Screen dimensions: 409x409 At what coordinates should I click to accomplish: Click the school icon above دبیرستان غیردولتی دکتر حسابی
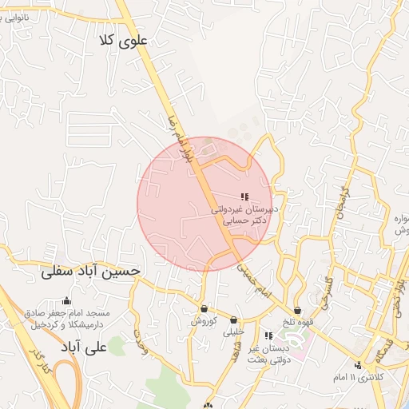point(244,197)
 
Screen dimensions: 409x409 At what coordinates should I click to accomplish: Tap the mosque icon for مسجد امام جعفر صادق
point(66,300)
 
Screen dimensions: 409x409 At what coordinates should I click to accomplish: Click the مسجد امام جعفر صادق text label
point(69,320)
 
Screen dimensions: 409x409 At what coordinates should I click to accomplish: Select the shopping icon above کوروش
point(204,308)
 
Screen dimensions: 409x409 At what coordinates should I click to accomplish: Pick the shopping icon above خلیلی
point(233,320)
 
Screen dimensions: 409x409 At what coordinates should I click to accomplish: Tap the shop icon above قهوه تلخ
point(297,310)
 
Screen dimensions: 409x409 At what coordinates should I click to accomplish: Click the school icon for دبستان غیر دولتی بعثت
point(268,336)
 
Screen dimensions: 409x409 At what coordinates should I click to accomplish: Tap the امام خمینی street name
point(255,281)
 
